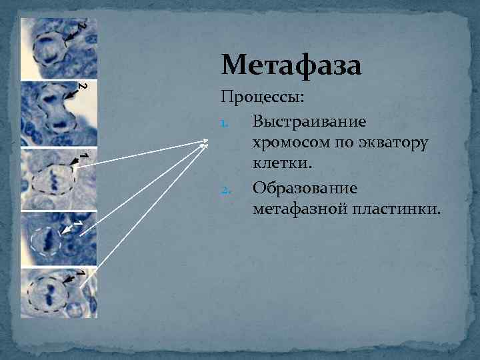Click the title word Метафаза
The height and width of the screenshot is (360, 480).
[291, 66]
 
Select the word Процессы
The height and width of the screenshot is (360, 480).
[263, 98]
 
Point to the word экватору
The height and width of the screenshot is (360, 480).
[393, 143]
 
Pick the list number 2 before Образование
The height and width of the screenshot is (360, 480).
[225, 190]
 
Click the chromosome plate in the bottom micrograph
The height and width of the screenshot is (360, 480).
[49, 293]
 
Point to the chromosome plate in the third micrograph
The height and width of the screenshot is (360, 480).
[52, 179]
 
